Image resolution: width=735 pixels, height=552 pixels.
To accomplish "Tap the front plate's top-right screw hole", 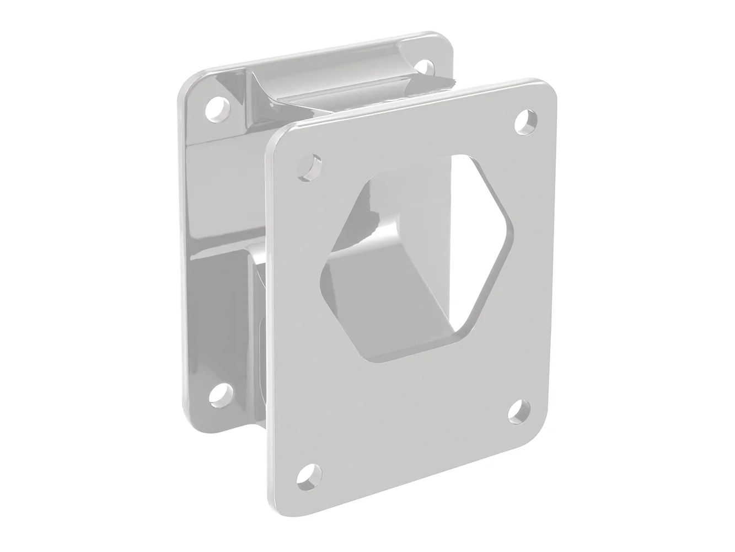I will coord(527,121).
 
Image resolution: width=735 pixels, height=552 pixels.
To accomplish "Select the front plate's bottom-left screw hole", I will coord(309,474).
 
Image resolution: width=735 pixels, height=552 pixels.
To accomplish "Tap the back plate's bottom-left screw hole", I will coord(220,393).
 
